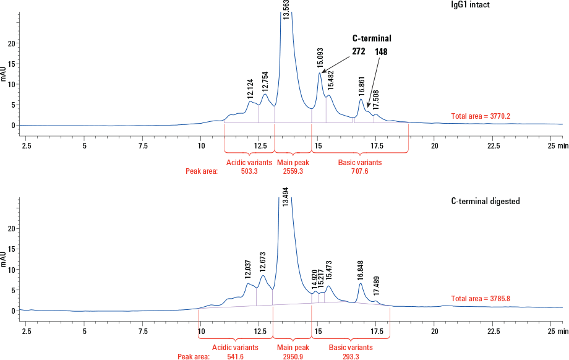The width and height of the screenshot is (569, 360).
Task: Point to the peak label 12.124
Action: pos(250,88)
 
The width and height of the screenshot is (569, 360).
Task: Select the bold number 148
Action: pos(381,52)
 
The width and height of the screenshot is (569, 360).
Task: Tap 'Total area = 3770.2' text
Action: pos(481,116)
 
